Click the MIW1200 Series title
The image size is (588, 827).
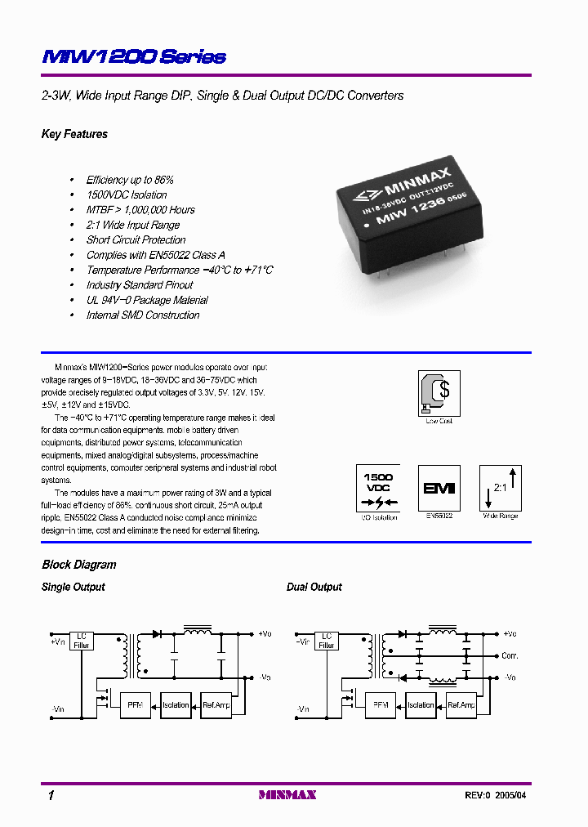(x=133, y=56)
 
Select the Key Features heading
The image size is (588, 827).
(x=74, y=134)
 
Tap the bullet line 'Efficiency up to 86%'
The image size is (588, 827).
(x=130, y=180)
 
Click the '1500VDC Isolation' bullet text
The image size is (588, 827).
(x=127, y=194)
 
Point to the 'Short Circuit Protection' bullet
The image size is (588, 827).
(x=136, y=240)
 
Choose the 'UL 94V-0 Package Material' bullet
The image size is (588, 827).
(x=147, y=300)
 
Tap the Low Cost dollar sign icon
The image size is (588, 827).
(x=439, y=391)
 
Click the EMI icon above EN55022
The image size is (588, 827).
(x=439, y=488)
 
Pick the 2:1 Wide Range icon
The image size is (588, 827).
(x=501, y=488)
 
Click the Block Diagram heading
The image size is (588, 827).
(x=78, y=565)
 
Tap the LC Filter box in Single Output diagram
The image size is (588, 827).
(x=82, y=640)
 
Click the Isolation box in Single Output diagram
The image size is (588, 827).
(x=176, y=704)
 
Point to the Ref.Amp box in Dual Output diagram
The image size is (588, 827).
(x=461, y=704)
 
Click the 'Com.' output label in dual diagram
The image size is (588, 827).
(x=510, y=656)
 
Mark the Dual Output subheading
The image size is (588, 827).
(x=314, y=587)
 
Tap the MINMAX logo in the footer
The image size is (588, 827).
(x=287, y=794)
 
